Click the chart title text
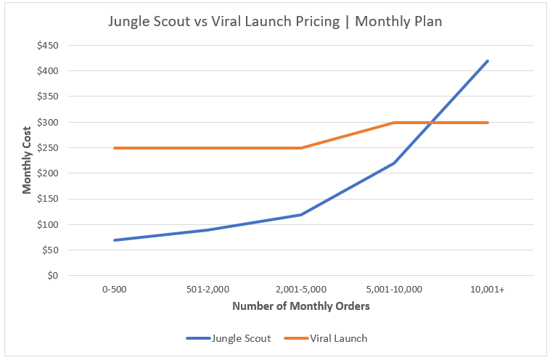(275, 22)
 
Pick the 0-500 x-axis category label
(115, 289)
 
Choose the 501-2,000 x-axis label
(208, 289)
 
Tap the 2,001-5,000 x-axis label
(301, 289)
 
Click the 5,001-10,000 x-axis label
(394, 289)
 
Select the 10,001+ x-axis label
(488, 289)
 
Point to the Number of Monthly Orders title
(301, 306)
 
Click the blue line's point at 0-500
(115, 240)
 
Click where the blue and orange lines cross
(432, 123)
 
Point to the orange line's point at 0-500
(115, 148)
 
